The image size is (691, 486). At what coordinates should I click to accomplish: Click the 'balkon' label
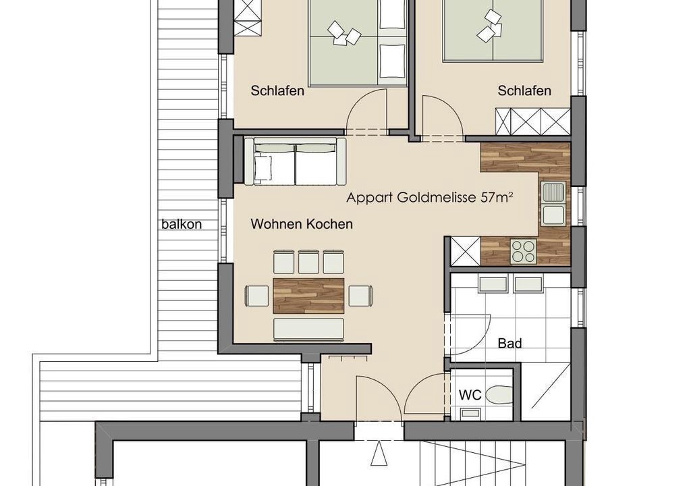pyautogui.click(x=182, y=224)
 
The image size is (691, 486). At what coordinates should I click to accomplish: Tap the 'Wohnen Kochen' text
pyautogui.click(x=302, y=224)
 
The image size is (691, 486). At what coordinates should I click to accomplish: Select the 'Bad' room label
pyautogui.click(x=510, y=343)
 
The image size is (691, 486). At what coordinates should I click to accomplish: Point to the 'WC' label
pyautogui.click(x=470, y=395)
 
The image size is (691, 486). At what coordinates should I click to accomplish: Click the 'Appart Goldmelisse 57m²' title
pyautogui.click(x=430, y=196)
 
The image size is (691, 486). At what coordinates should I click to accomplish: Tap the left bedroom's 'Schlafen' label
pyautogui.click(x=277, y=91)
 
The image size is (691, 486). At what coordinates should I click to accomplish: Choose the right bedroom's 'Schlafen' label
pyautogui.click(x=524, y=91)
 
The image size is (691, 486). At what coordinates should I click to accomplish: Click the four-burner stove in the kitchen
pyautogui.click(x=524, y=250)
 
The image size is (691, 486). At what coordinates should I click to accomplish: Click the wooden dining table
pyautogui.click(x=308, y=296)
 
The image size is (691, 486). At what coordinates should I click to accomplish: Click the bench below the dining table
pyautogui.click(x=308, y=329)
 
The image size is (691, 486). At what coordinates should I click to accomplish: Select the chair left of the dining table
pyautogui.click(x=257, y=296)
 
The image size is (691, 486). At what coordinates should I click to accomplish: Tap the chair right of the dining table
pyautogui.click(x=360, y=296)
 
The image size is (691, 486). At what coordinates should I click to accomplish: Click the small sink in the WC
pyautogui.click(x=469, y=414)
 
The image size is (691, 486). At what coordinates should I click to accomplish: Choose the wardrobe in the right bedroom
pyautogui.click(x=533, y=122)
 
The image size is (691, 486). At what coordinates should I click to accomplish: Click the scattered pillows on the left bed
pyautogui.click(x=343, y=33)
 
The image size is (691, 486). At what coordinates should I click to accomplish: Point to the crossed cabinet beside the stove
pyautogui.click(x=465, y=251)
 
